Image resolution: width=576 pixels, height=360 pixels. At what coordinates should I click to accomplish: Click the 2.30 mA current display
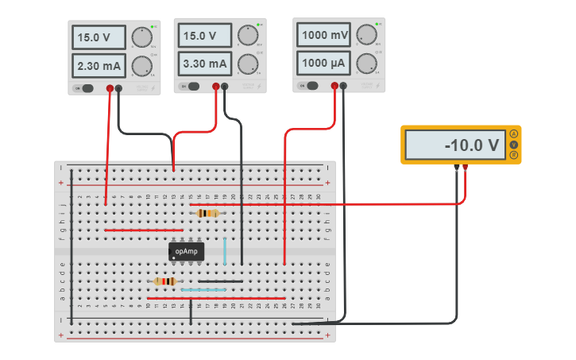[x=99, y=64]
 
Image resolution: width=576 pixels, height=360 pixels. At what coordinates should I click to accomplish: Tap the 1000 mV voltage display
[x=324, y=36]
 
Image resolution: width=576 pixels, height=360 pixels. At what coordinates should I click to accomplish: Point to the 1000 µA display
[x=324, y=63]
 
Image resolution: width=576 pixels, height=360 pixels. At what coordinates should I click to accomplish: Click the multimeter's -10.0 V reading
[x=455, y=145]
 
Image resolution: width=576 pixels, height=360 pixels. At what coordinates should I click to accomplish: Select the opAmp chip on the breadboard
[x=187, y=251]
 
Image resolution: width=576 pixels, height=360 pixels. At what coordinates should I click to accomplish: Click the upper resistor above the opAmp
[x=207, y=213]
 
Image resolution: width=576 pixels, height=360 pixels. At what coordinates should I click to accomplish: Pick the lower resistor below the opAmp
[x=164, y=281]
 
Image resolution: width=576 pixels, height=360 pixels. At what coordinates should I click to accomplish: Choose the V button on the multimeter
[x=514, y=145]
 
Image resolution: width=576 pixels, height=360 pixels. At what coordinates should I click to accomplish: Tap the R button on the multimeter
[x=514, y=155]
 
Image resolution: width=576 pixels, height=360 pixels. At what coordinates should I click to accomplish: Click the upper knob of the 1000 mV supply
[x=366, y=34]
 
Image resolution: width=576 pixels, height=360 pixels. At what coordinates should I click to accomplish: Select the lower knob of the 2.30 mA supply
[x=141, y=65]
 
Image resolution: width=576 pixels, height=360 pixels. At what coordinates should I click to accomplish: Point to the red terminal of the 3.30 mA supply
[x=216, y=87]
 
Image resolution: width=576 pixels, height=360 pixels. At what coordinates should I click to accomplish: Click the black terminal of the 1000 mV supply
[x=343, y=85]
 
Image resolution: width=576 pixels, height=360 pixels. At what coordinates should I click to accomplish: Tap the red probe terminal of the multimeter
[x=465, y=167]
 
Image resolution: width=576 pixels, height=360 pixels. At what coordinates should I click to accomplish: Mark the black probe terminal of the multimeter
[x=456, y=167]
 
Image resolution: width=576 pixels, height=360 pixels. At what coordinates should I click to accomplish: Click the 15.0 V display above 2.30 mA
[x=99, y=37]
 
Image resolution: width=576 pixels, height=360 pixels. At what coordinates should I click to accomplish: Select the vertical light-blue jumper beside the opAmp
[x=225, y=251]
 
